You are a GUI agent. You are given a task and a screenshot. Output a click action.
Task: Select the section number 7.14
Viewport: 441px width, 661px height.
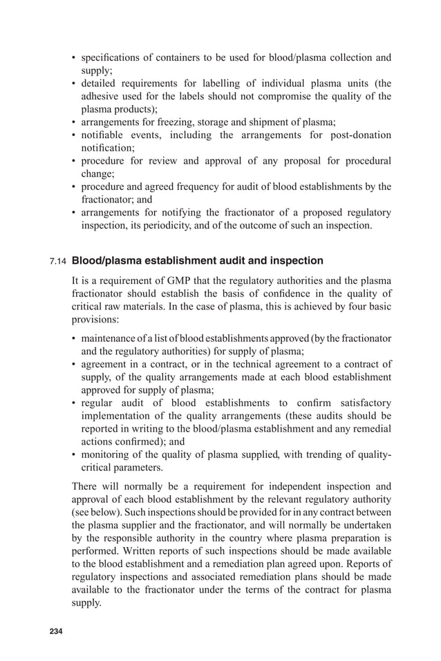tap(58, 262)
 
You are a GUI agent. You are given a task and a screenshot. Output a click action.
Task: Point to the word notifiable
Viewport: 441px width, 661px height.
tap(104, 135)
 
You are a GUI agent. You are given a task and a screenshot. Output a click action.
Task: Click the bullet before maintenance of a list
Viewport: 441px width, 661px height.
tap(75, 338)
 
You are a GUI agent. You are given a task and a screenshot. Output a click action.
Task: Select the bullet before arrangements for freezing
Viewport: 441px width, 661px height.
tap(75, 122)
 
